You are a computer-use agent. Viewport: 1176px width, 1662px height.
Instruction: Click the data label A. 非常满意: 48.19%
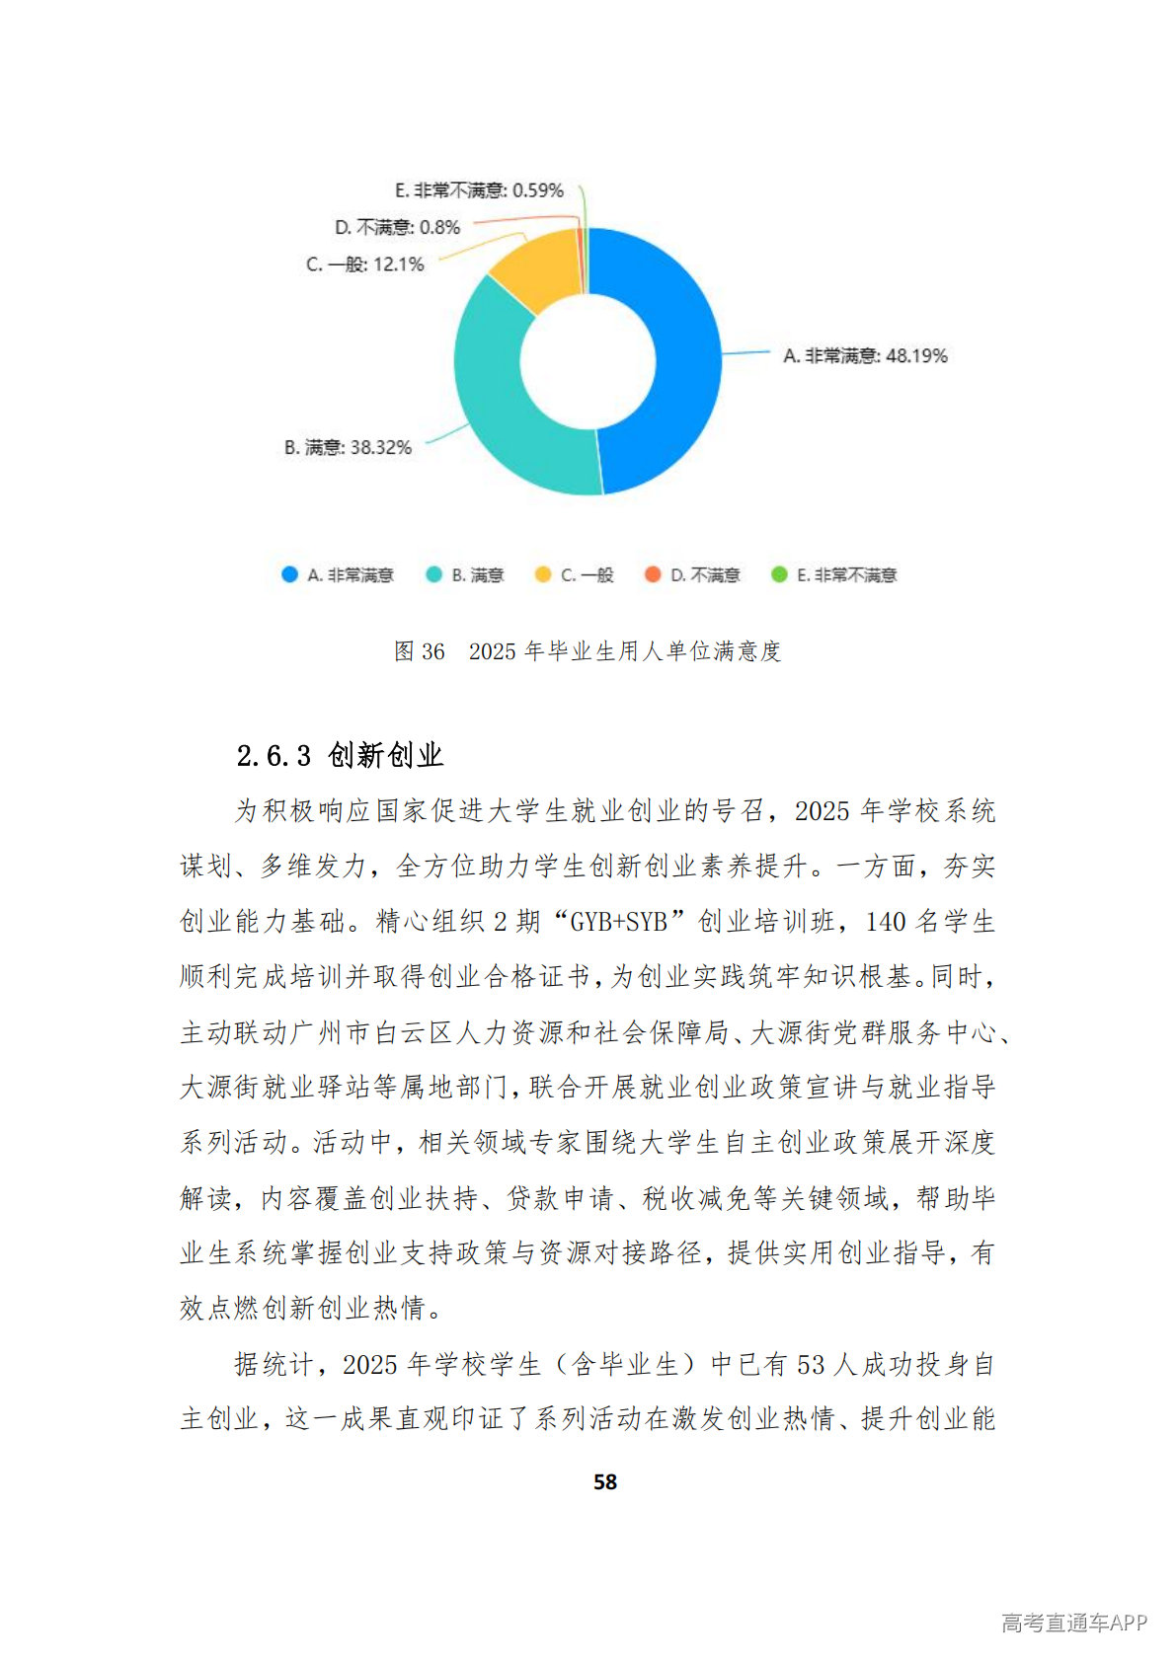865,356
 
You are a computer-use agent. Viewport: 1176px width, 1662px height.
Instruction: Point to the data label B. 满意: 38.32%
348,448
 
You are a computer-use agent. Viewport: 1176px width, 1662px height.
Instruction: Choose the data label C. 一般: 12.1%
365,264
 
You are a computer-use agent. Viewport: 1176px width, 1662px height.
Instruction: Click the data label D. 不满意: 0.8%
397,228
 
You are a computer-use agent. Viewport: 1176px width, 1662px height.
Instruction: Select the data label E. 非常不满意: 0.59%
479,190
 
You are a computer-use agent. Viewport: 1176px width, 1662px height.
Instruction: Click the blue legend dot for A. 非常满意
289,574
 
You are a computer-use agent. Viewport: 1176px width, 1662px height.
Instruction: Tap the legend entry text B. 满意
478,575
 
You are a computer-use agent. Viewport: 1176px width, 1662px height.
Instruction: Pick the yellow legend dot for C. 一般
542,574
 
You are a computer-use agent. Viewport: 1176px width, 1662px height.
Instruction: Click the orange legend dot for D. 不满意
652,574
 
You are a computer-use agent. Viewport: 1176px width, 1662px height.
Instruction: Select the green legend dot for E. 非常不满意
779,574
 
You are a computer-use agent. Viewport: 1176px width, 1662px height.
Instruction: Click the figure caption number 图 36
420,651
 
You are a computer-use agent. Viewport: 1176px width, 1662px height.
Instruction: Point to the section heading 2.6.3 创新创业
340,756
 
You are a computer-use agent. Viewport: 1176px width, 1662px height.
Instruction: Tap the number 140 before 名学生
886,922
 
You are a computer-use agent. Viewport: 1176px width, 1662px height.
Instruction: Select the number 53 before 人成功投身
811,1365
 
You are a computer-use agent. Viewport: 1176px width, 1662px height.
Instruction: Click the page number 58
605,1482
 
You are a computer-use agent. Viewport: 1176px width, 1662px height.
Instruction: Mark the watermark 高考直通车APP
1073,1623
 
